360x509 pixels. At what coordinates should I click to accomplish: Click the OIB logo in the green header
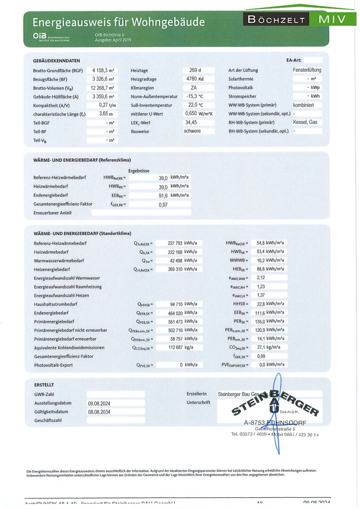pyautogui.click(x=39, y=36)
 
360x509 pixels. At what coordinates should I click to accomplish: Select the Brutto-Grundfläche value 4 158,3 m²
pyautogui.click(x=103, y=70)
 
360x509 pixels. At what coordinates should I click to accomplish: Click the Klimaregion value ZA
pyautogui.click(x=193, y=88)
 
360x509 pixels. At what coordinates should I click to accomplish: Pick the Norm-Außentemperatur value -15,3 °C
pyautogui.click(x=193, y=97)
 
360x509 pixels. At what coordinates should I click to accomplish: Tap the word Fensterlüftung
pyautogui.click(x=307, y=70)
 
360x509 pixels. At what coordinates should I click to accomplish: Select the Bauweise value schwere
pyautogui.click(x=192, y=131)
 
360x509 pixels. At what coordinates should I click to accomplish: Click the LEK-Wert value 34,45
pyautogui.click(x=191, y=123)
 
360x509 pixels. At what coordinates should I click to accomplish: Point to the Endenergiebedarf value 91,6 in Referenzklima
pyautogui.click(x=163, y=196)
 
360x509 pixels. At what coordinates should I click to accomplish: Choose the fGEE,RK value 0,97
pyautogui.click(x=163, y=205)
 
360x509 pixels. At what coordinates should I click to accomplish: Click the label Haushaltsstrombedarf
pyautogui.click(x=56, y=304)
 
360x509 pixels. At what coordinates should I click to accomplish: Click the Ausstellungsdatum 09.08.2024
pyautogui.click(x=99, y=403)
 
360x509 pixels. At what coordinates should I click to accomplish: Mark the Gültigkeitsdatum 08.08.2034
pyautogui.click(x=99, y=412)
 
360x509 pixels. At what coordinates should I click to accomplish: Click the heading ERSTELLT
pyautogui.click(x=44, y=385)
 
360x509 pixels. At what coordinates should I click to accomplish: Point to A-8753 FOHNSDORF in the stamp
pyautogui.click(x=275, y=422)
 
